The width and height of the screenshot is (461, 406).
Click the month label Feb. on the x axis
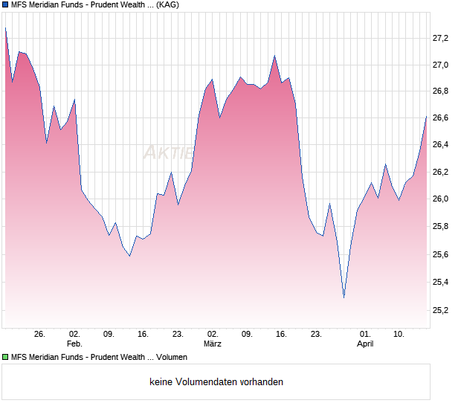coord(74,344)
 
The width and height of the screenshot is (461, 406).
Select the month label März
coord(213,344)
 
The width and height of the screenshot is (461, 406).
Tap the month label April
coord(365,344)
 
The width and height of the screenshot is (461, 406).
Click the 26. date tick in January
coord(40,334)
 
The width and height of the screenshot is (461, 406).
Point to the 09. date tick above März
coord(248,334)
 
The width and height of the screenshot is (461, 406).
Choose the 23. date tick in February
coord(178,334)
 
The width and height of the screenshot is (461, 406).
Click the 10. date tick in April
coord(399,334)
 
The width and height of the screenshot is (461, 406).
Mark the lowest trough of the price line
coord(344,298)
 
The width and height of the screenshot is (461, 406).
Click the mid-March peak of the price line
coord(274,56)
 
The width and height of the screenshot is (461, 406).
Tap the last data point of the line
coord(426,116)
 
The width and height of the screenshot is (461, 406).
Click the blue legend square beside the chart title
coord(4,4)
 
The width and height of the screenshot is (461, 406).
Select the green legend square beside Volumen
coord(4,357)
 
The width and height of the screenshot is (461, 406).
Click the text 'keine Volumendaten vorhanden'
coord(216,381)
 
